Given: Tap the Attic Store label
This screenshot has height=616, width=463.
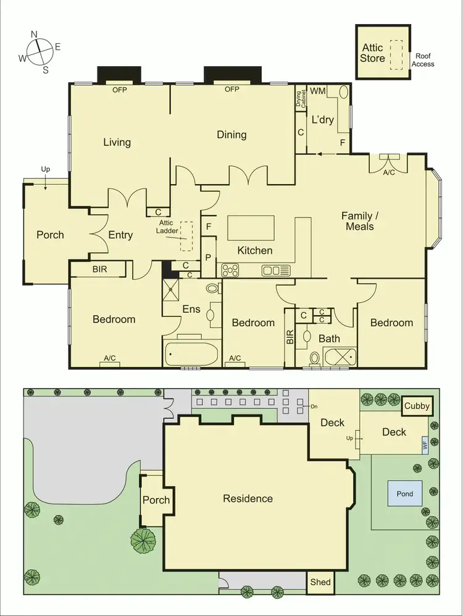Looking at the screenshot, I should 373,53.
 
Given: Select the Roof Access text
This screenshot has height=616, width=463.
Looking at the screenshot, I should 423,60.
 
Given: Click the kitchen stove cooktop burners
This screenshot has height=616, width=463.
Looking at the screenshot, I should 230,270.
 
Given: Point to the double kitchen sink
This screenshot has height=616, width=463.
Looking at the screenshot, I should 275,270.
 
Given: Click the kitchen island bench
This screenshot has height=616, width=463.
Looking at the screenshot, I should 251,227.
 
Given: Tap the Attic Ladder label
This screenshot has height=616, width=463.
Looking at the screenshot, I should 165,226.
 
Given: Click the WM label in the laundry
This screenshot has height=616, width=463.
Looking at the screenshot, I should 317,91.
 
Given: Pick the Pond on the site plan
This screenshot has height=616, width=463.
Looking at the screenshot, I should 405,494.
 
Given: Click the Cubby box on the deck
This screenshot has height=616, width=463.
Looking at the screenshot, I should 417,407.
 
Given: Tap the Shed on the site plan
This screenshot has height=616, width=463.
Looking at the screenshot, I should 320,582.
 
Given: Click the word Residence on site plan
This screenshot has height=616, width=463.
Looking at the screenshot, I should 248,499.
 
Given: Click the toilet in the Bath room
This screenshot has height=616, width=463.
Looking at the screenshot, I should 314,358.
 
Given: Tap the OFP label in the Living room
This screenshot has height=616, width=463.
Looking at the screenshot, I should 119,90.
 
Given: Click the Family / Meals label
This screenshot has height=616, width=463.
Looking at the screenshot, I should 358,221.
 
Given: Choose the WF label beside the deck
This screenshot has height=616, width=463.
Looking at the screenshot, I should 425,444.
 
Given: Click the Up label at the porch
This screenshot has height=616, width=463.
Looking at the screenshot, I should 46,169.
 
